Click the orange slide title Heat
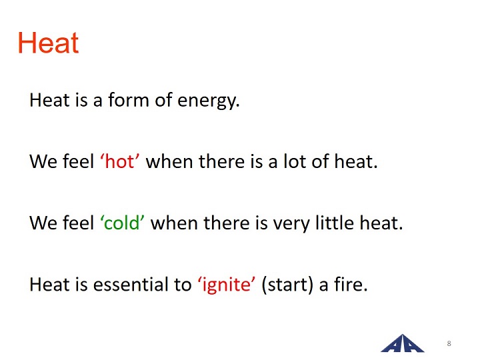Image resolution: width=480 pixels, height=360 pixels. (49, 43)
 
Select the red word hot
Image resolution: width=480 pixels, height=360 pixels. (120, 161)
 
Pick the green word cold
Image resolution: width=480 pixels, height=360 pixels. (122, 223)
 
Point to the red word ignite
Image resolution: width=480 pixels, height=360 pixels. (227, 285)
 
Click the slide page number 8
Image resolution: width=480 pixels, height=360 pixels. (449, 343)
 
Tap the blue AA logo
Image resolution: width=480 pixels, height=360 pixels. (402, 343)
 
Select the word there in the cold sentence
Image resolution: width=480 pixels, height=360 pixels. (226, 223)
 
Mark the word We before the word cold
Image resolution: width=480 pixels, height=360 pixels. (44, 223)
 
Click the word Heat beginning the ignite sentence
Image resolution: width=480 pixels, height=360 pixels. (49, 284)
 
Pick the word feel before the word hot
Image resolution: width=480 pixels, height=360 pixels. (79, 161)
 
